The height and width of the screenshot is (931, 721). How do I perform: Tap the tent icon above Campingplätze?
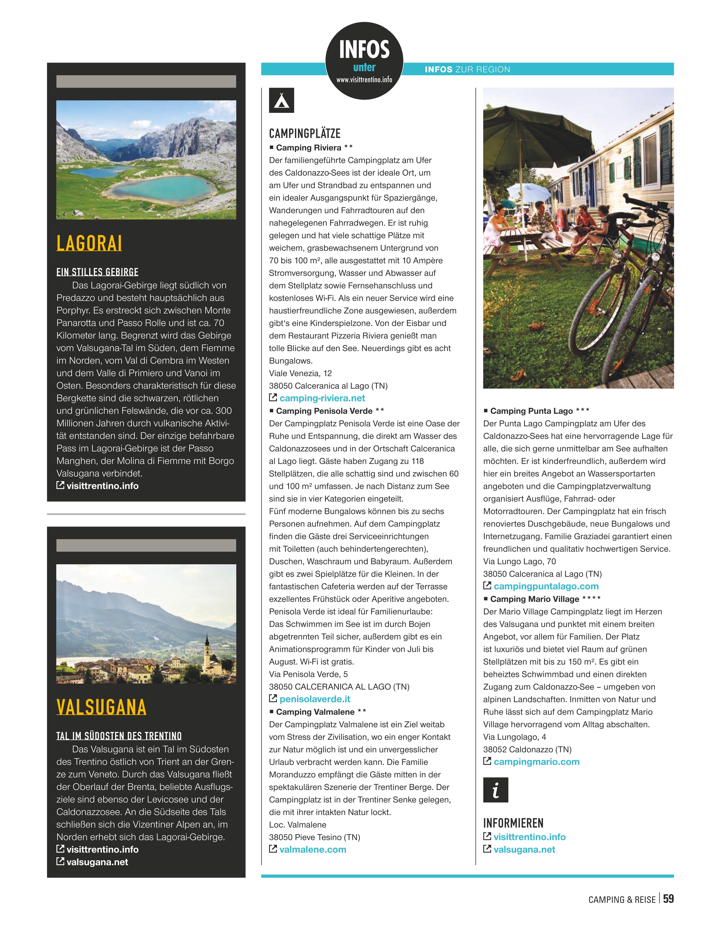point(281,101)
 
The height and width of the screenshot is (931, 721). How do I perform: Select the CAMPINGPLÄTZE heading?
point(305,133)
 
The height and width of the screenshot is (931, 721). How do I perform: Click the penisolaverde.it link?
point(315,699)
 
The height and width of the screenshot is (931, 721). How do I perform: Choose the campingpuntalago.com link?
point(546,586)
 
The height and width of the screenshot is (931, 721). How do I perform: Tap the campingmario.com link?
point(536,762)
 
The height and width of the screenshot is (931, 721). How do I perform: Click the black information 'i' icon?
point(495,790)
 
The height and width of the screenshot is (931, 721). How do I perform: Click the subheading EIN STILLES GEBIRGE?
point(97,272)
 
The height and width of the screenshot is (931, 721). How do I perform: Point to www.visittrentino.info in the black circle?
point(364,80)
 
